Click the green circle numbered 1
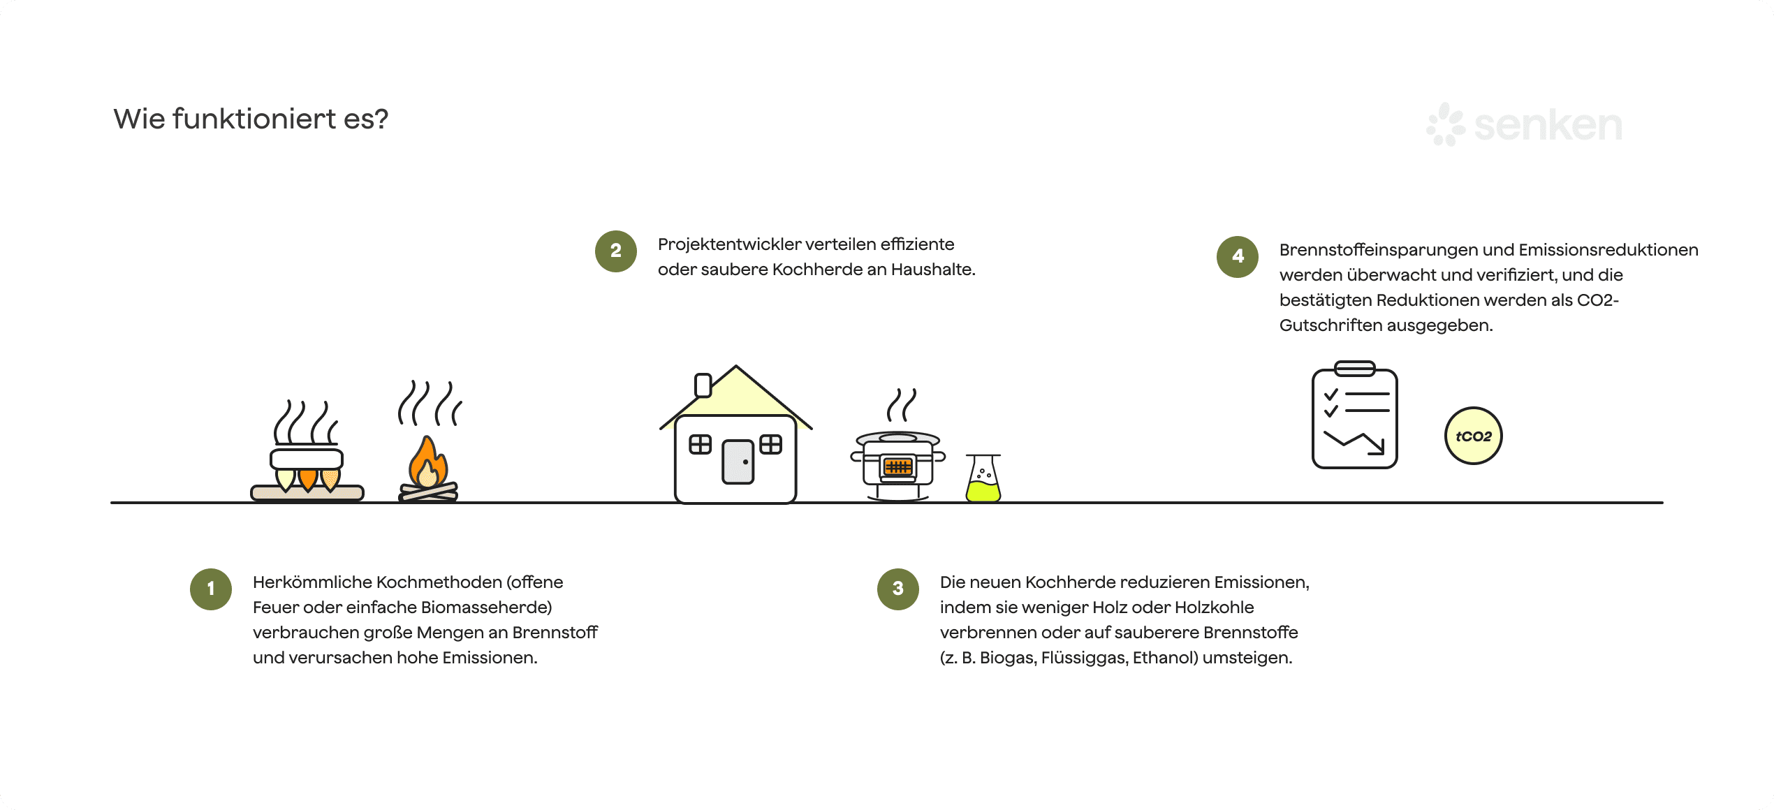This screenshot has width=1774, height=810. click(x=211, y=589)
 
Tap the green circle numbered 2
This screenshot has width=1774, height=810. click(x=615, y=251)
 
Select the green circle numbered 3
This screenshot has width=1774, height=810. click(x=897, y=589)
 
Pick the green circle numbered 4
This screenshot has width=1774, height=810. click(x=1237, y=256)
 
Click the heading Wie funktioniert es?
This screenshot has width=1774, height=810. click(x=251, y=119)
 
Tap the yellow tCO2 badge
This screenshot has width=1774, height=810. click(x=1473, y=436)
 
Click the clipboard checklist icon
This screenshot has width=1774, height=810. click(x=1354, y=416)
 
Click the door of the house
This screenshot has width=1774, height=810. click(x=738, y=462)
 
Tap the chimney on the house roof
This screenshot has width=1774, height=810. click(x=703, y=385)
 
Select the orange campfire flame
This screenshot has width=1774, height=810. click(x=427, y=462)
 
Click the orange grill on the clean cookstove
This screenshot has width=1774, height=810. click(x=897, y=466)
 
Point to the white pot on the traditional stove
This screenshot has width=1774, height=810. click(x=307, y=459)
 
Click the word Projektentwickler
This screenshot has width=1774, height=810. click(x=728, y=244)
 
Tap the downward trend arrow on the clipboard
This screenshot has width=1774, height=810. click(x=1355, y=442)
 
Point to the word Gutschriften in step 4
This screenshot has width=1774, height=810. click(x=1330, y=325)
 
